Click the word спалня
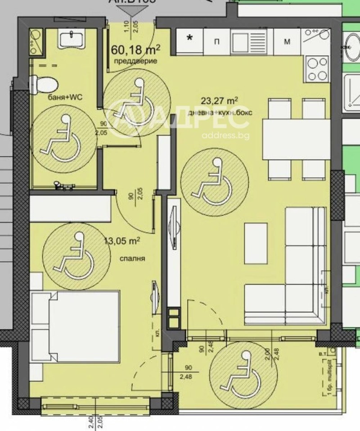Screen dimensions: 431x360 pos(129,259)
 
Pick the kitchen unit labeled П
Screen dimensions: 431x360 pos(217,42)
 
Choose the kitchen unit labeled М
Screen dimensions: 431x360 pos(287,42)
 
